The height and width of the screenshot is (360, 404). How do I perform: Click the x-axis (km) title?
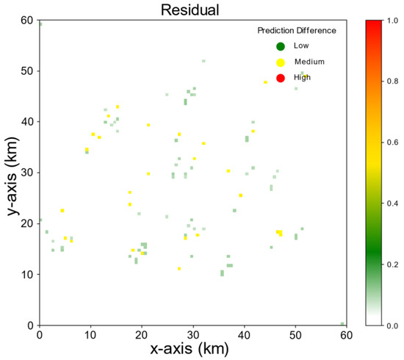tap(192, 349)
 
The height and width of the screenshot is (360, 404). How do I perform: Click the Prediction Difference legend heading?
tap(297, 31)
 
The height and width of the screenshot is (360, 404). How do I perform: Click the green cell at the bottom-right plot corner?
tap(342, 323)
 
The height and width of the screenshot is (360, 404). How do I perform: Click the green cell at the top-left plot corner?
tap(40, 24)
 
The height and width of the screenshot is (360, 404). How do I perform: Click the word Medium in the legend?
tap(309, 62)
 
